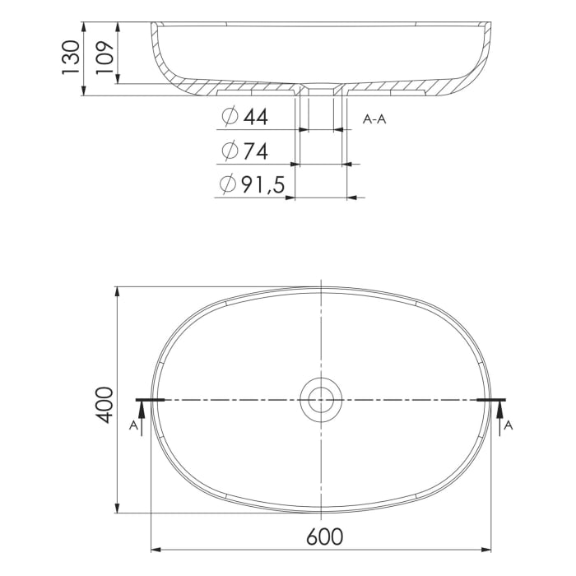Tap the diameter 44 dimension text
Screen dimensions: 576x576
click(244, 118)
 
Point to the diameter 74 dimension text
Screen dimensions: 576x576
click(244, 151)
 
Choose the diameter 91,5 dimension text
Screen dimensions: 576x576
click(252, 186)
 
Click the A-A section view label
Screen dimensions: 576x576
click(374, 119)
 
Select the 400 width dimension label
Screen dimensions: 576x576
click(105, 404)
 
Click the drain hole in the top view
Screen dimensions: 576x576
click(320, 399)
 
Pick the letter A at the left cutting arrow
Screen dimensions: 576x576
click(133, 425)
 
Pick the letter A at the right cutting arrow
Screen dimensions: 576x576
click(509, 425)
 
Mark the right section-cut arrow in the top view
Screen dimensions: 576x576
click(499, 416)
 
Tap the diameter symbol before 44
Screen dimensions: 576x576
click(228, 118)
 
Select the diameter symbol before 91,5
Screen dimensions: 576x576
click(228, 186)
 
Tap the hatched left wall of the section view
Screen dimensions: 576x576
click(161, 62)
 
